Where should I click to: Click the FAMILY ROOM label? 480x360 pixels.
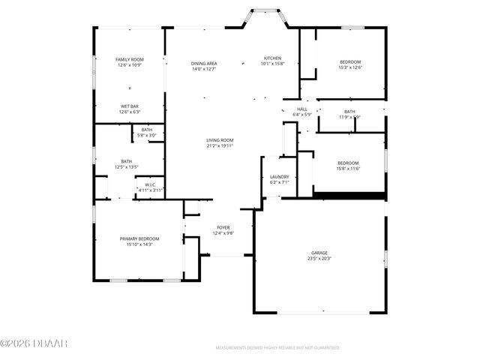(x=130, y=59)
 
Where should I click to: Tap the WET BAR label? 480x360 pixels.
(x=130, y=106)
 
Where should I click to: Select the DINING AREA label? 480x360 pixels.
(x=204, y=63)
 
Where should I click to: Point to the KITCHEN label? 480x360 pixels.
(x=272, y=58)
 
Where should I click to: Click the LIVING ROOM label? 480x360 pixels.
(x=220, y=140)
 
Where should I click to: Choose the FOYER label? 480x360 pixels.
(x=223, y=226)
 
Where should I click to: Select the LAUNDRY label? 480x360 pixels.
(x=279, y=177)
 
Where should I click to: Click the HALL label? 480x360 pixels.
(x=302, y=109)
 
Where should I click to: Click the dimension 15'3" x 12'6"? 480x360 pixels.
(x=349, y=67)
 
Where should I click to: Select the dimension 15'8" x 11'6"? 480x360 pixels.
(x=348, y=169)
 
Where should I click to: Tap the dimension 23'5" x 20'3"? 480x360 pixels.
(x=319, y=259)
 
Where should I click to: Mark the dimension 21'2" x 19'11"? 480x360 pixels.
(x=220, y=146)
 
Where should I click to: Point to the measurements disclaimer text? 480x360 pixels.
(x=277, y=348)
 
